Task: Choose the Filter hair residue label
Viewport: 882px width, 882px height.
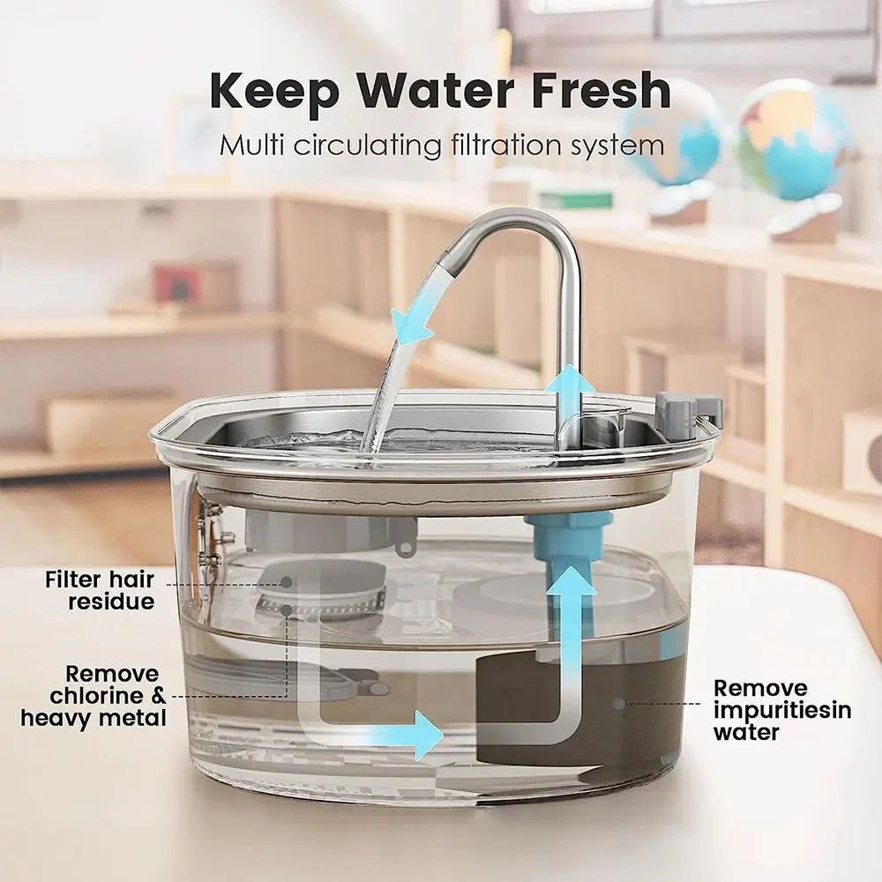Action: [x=100, y=591]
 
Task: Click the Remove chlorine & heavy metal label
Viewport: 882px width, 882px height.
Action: [x=93, y=696]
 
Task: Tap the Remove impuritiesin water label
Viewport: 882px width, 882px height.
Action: [x=781, y=709]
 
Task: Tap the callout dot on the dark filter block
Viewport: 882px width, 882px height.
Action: [x=620, y=704]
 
